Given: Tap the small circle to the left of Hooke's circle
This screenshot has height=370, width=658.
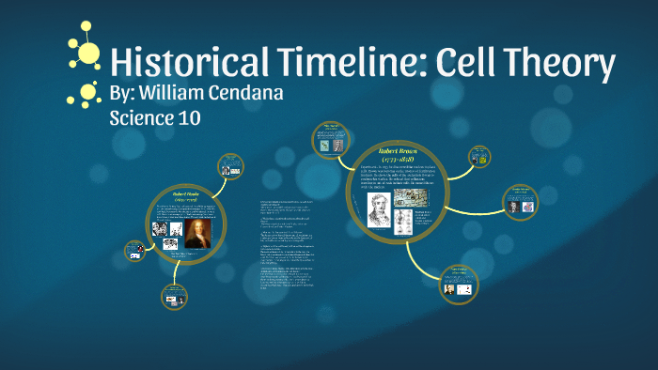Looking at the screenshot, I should (x=135, y=252).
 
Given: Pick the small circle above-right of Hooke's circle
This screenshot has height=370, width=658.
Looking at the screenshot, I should (x=230, y=167).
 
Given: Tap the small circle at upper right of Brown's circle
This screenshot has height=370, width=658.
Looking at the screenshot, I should (x=479, y=156).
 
